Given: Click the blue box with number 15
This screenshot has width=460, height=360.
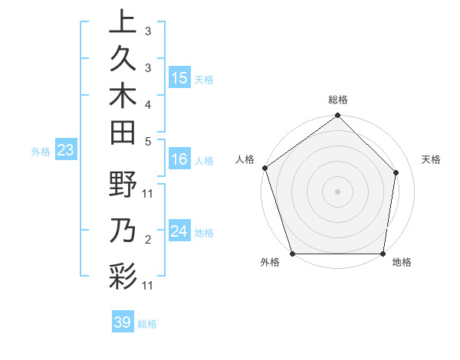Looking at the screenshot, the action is [179, 78].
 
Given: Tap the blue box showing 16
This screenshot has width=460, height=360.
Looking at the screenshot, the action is [179, 159].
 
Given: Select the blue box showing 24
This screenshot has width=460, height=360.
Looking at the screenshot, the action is [179, 231].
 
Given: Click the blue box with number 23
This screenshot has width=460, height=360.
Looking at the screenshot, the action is [65, 150].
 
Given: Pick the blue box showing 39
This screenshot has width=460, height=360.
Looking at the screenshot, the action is [122, 322].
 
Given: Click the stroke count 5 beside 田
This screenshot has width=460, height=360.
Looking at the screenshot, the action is [147, 141].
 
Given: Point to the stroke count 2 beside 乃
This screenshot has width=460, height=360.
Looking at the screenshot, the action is [147, 241].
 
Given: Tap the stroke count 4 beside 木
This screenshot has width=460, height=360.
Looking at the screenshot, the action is [147, 104].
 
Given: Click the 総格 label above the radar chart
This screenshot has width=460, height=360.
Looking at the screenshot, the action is [338, 100].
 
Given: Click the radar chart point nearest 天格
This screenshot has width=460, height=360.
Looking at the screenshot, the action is [397, 172].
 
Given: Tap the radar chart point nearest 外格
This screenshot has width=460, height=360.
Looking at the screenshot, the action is [292, 254].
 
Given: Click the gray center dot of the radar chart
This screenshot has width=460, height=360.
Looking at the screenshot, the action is [338, 191].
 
